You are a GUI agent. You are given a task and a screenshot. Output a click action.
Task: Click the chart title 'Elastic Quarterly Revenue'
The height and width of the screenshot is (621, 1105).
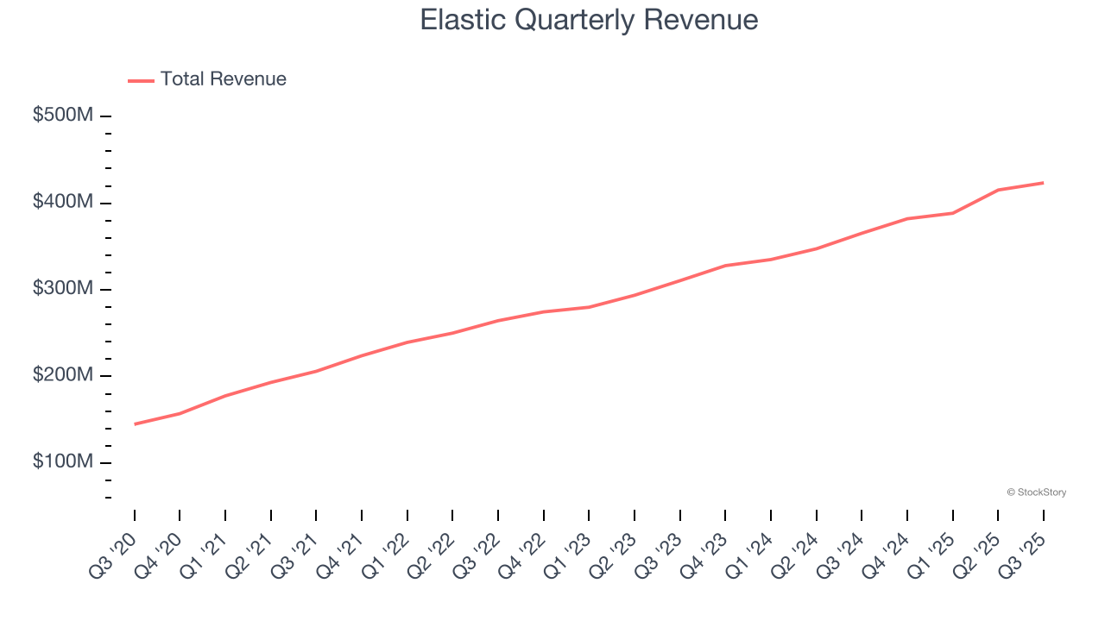coord(589,20)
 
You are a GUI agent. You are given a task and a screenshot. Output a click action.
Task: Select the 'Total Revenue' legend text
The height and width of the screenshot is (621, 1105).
coord(223,79)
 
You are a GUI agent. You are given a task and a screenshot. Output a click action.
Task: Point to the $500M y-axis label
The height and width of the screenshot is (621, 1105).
coord(62,116)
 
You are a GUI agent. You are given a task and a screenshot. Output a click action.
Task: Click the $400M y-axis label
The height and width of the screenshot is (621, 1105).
coord(62,202)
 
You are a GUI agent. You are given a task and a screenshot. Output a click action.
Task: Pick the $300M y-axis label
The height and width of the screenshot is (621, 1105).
coord(62,289)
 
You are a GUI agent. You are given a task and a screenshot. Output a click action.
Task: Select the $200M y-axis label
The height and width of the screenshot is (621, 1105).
coord(62,375)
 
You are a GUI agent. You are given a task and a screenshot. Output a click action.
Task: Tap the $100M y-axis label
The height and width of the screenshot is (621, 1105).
coord(62,462)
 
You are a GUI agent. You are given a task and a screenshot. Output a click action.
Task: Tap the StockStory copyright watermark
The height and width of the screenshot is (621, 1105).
coord(1036,492)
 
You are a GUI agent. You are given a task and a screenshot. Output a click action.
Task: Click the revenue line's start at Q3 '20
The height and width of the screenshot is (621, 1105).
coord(135,424)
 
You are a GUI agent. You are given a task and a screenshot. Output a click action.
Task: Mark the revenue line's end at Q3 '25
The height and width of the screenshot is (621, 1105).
coord(1043,183)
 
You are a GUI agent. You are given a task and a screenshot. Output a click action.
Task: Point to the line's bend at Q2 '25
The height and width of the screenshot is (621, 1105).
coord(998,190)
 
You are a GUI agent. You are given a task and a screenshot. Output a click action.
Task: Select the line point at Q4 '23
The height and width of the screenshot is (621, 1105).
coord(725,266)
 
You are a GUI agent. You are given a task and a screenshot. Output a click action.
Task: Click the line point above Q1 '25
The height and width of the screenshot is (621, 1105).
coord(952,213)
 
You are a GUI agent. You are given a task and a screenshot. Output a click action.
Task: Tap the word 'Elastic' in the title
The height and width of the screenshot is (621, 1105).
coord(463,20)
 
